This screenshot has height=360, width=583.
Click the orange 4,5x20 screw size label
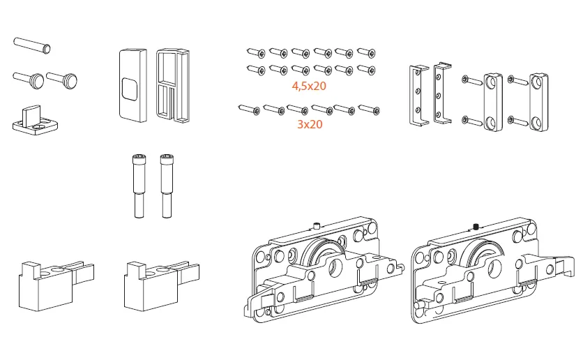pos(309,87)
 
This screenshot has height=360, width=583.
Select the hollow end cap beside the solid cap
pos(172,85)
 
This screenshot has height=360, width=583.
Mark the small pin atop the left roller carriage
pos(316,225)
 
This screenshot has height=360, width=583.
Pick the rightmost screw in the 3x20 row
pos(368,109)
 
